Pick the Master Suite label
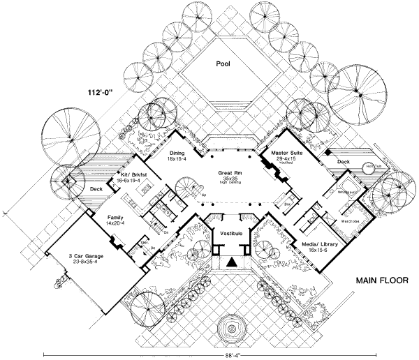point(281,153)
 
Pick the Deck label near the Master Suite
point(343,161)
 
